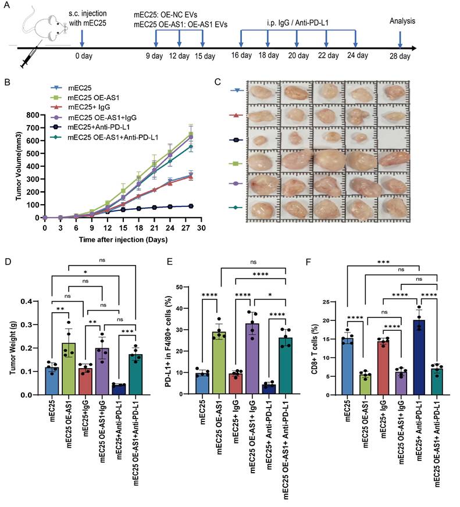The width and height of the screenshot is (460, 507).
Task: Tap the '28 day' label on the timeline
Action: click(x=400, y=56)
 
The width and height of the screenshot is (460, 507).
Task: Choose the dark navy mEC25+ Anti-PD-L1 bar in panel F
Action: click(x=416, y=357)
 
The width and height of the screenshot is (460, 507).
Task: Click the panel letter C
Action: click(x=217, y=82)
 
